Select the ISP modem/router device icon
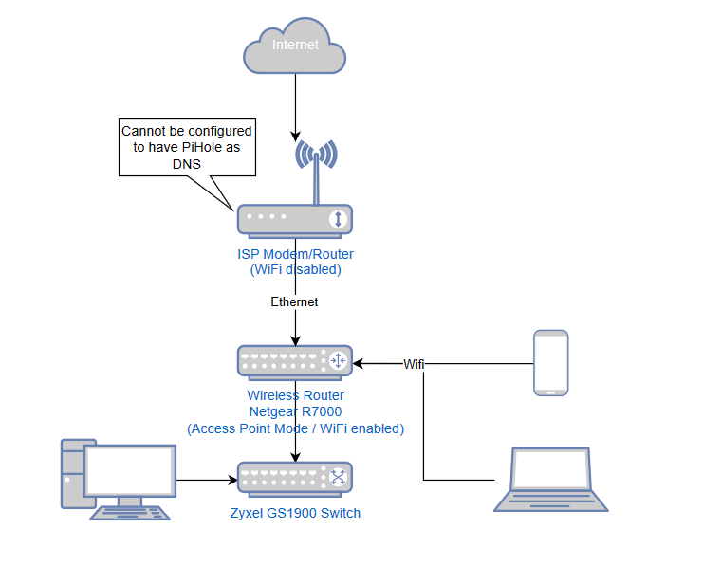click(x=285, y=220)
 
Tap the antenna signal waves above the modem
click(x=315, y=154)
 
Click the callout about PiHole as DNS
click(x=187, y=147)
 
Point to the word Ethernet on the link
click(x=294, y=301)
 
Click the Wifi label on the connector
click(x=414, y=364)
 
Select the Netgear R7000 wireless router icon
click(x=294, y=361)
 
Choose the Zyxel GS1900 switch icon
click(x=294, y=478)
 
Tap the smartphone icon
click(x=551, y=362)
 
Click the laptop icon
click(x=551, y=480)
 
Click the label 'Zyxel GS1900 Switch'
click(x=294, y=513)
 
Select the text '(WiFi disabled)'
click(x=294, y=270)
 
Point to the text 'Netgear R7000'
click(x=295, y=411)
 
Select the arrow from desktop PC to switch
click(x=205, y=480)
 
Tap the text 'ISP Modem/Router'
click(x=294, y=254)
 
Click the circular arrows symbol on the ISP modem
click(x=337, y=220)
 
